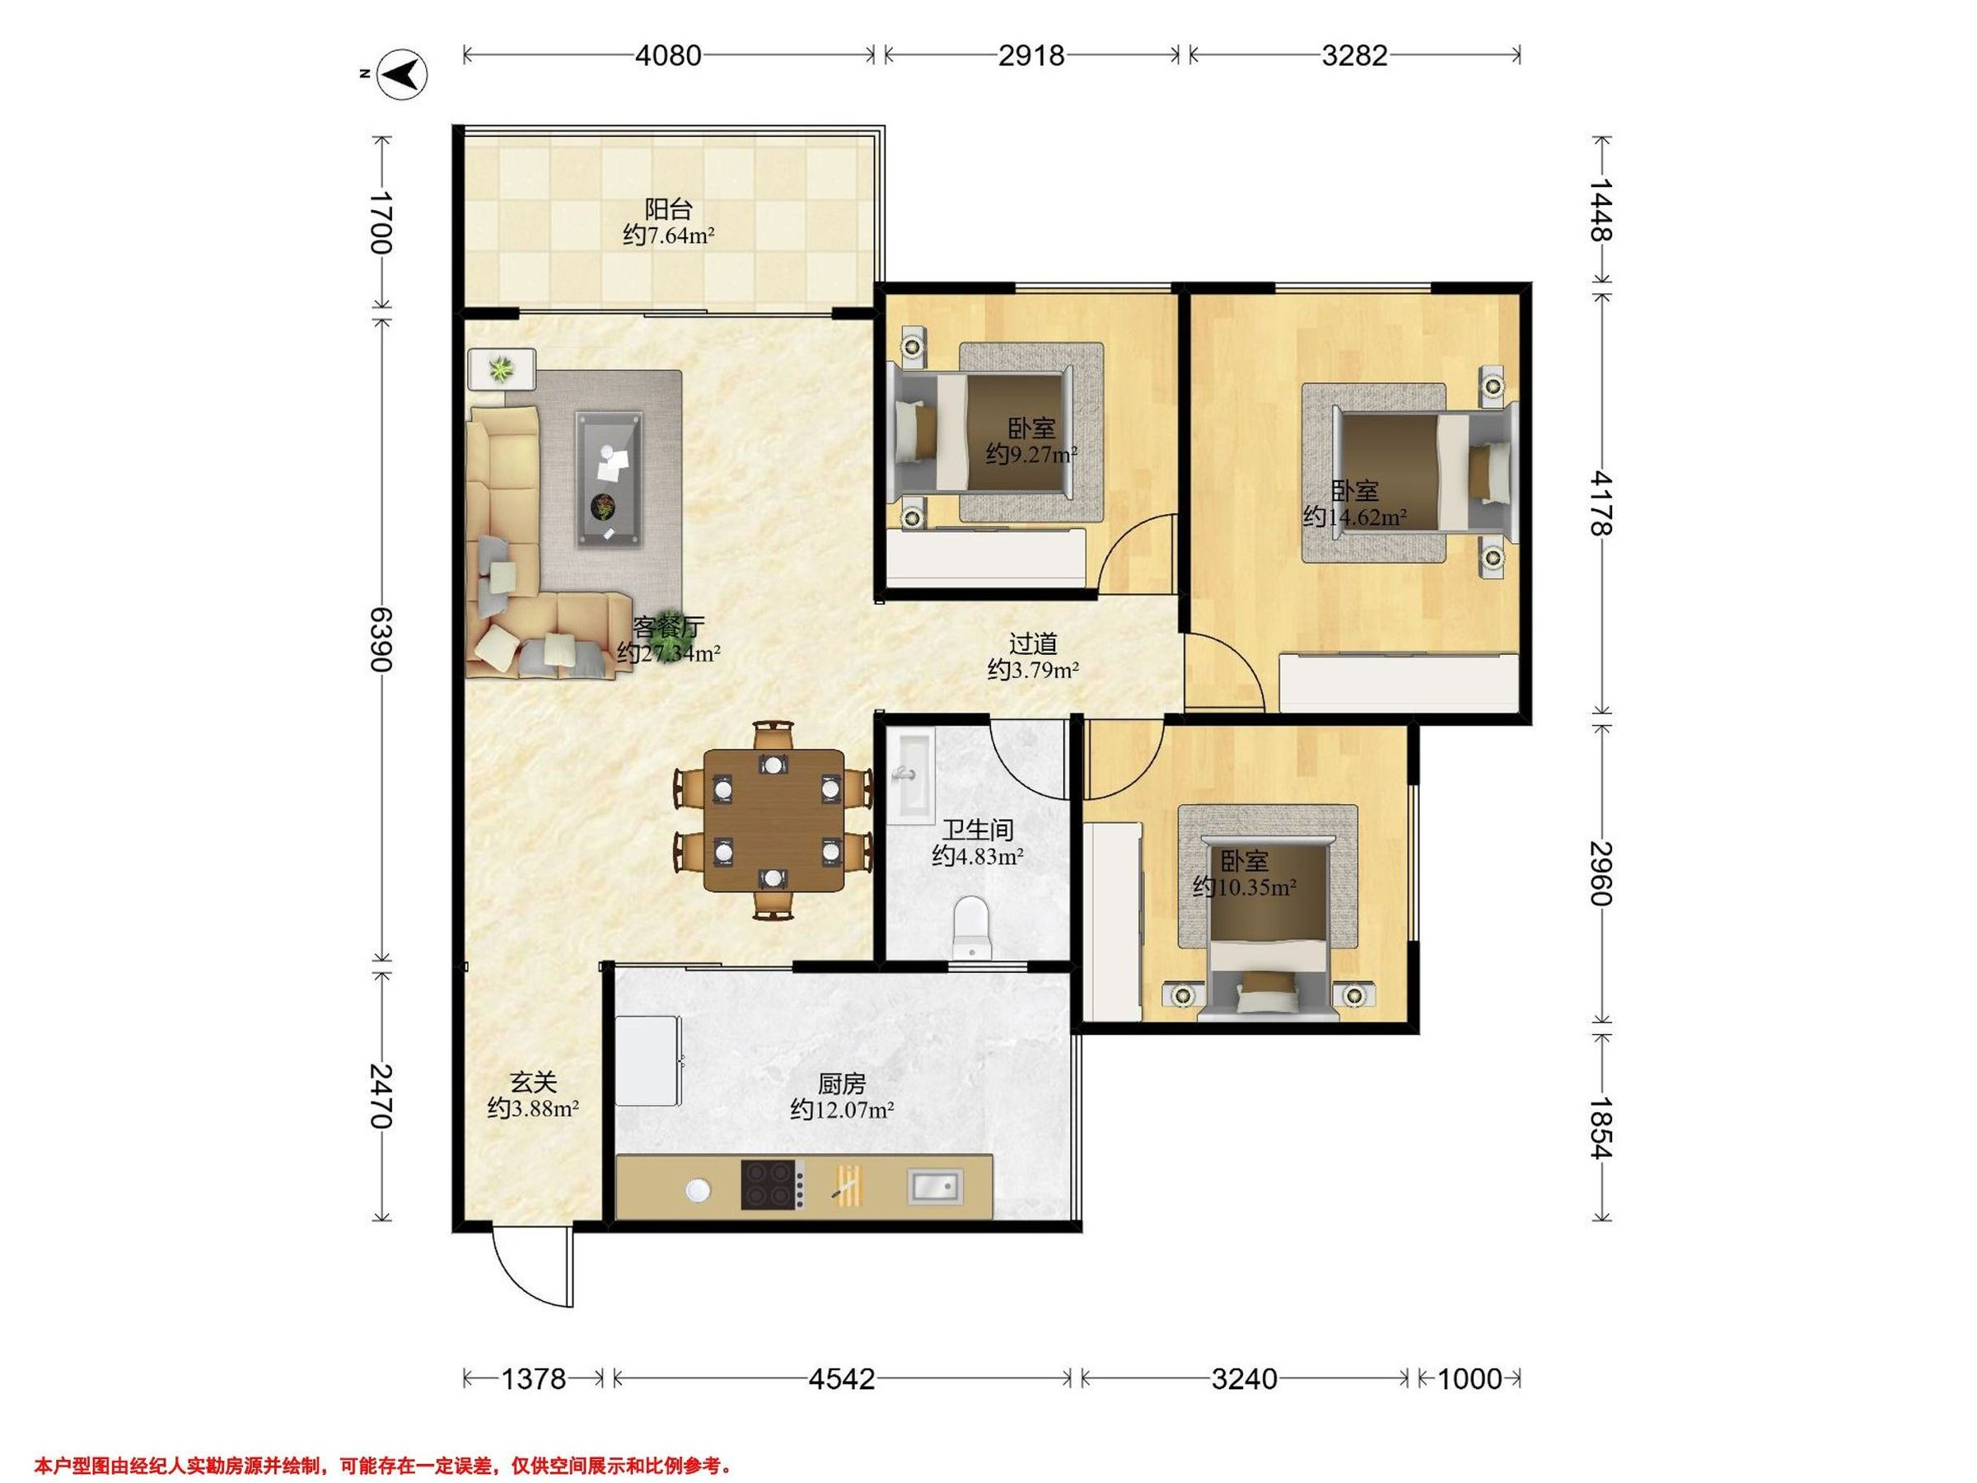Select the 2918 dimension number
pyautogui.click(x=1031, y=55)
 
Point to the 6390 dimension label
pyautogui.click(x=381, y=639)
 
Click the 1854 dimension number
pyautogui.click(x=1601, y=1128)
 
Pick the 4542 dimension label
pyautogui.click(x=841, y=1379)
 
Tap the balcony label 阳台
pyautogui.click(x=669, y=210)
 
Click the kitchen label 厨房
pyautogui.click(x=842, y=1084)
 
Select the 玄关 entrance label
pyautogui.click(x=534, y=1083)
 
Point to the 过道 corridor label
pyautogui.click(x=1033, y=643)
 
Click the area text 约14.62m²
pyautogui.click(x=1355, y=517)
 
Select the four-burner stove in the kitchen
pyautogui.click(x=769, y=1185)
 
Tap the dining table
pyautogui.click(x=774, y=821)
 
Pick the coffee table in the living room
pyautogui.click(x=610, y=478)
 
